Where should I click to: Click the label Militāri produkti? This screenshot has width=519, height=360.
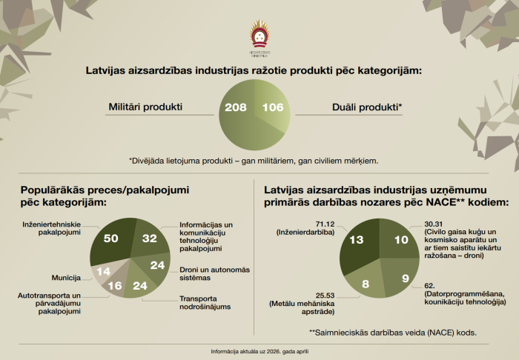(146, 107)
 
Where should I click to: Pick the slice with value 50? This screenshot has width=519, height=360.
(112, 238)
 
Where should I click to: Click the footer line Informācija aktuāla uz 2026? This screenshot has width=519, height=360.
(259, 350)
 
